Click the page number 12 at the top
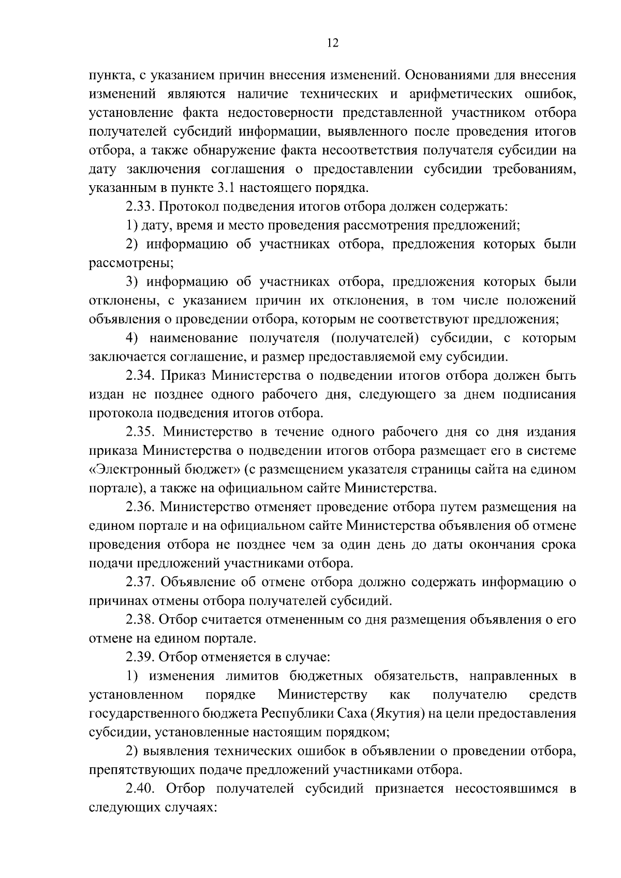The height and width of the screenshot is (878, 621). click(333, 43)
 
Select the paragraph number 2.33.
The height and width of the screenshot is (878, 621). click(140, 207)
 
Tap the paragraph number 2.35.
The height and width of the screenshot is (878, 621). click(141, 431)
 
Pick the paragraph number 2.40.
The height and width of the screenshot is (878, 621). click(141, 788)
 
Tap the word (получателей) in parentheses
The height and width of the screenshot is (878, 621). click(372, 338)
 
